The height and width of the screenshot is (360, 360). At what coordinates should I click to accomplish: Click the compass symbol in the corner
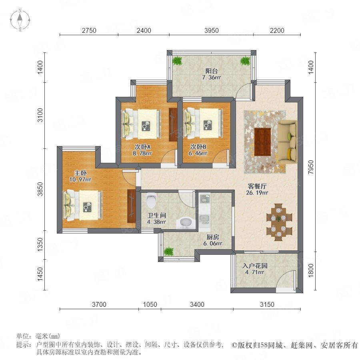[x=20, y=20]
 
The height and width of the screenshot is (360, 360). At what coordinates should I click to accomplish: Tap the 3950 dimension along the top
[x=212, y=30]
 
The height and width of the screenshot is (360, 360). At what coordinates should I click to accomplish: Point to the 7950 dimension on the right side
[x=311, y=167]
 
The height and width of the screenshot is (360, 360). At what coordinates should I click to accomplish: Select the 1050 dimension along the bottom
[x=150, y=304]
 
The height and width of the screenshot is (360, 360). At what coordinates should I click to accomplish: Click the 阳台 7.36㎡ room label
[x=212, y=74]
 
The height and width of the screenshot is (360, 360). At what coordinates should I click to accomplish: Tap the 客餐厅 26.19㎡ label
[x=257, y=189]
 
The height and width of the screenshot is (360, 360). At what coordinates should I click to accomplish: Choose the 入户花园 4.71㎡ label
[x=255, y=269]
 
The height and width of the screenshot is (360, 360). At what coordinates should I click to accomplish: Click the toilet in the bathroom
[x=151, y=199]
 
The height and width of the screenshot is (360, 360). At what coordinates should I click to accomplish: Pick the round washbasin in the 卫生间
[x=186, y=222]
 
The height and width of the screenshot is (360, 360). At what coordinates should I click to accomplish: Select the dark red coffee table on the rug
[x=263, y=142]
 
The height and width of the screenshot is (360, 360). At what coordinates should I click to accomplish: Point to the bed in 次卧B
[x=204, y=123]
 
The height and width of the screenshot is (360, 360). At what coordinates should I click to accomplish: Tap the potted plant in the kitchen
[x=169, y=251]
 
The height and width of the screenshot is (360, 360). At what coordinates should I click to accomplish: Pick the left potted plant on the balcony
[x=177, y=61]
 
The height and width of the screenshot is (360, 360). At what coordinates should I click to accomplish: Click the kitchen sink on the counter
[x=204, y=219]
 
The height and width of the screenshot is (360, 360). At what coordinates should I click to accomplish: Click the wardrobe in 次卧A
[x=173, y=125]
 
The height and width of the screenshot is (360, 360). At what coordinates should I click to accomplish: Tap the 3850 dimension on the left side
[x=40, y=189]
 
